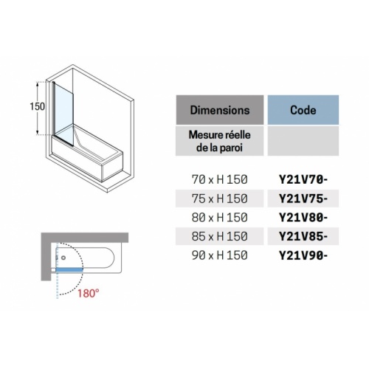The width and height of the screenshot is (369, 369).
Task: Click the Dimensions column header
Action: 220,110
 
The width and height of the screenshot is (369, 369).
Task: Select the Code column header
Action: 303,110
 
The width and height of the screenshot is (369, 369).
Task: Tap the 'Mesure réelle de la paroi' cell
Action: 220,141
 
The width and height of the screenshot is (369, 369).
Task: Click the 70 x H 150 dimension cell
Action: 220,179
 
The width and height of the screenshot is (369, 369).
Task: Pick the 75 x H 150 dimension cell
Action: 220,199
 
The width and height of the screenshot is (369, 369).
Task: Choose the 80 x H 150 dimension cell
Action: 220,218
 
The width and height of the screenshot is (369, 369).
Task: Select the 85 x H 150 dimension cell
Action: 220,236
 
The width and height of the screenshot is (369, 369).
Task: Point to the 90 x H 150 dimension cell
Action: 220,255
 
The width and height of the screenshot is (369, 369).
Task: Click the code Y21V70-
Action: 303,180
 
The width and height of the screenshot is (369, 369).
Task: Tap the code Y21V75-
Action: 303,199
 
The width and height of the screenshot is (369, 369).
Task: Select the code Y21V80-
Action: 303,218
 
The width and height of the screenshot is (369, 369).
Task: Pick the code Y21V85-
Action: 303,236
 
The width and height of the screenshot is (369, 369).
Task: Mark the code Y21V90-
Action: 303,255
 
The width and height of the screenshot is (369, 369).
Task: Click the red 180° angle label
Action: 89,293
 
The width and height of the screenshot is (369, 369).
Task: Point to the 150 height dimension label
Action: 38,106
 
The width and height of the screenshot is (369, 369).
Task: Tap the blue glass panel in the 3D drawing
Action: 64,112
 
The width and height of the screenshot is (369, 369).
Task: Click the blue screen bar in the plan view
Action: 69,270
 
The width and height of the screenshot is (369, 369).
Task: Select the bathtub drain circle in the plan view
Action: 63,258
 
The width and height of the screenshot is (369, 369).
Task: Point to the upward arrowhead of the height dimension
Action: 38,84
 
